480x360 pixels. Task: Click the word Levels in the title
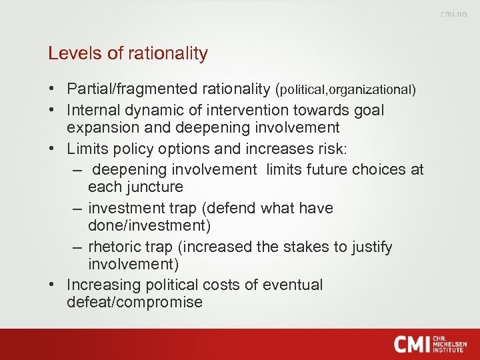click(x=70, y=53)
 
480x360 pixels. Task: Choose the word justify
click(x=371, y=247)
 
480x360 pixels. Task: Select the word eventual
click(x=293, y=285)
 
